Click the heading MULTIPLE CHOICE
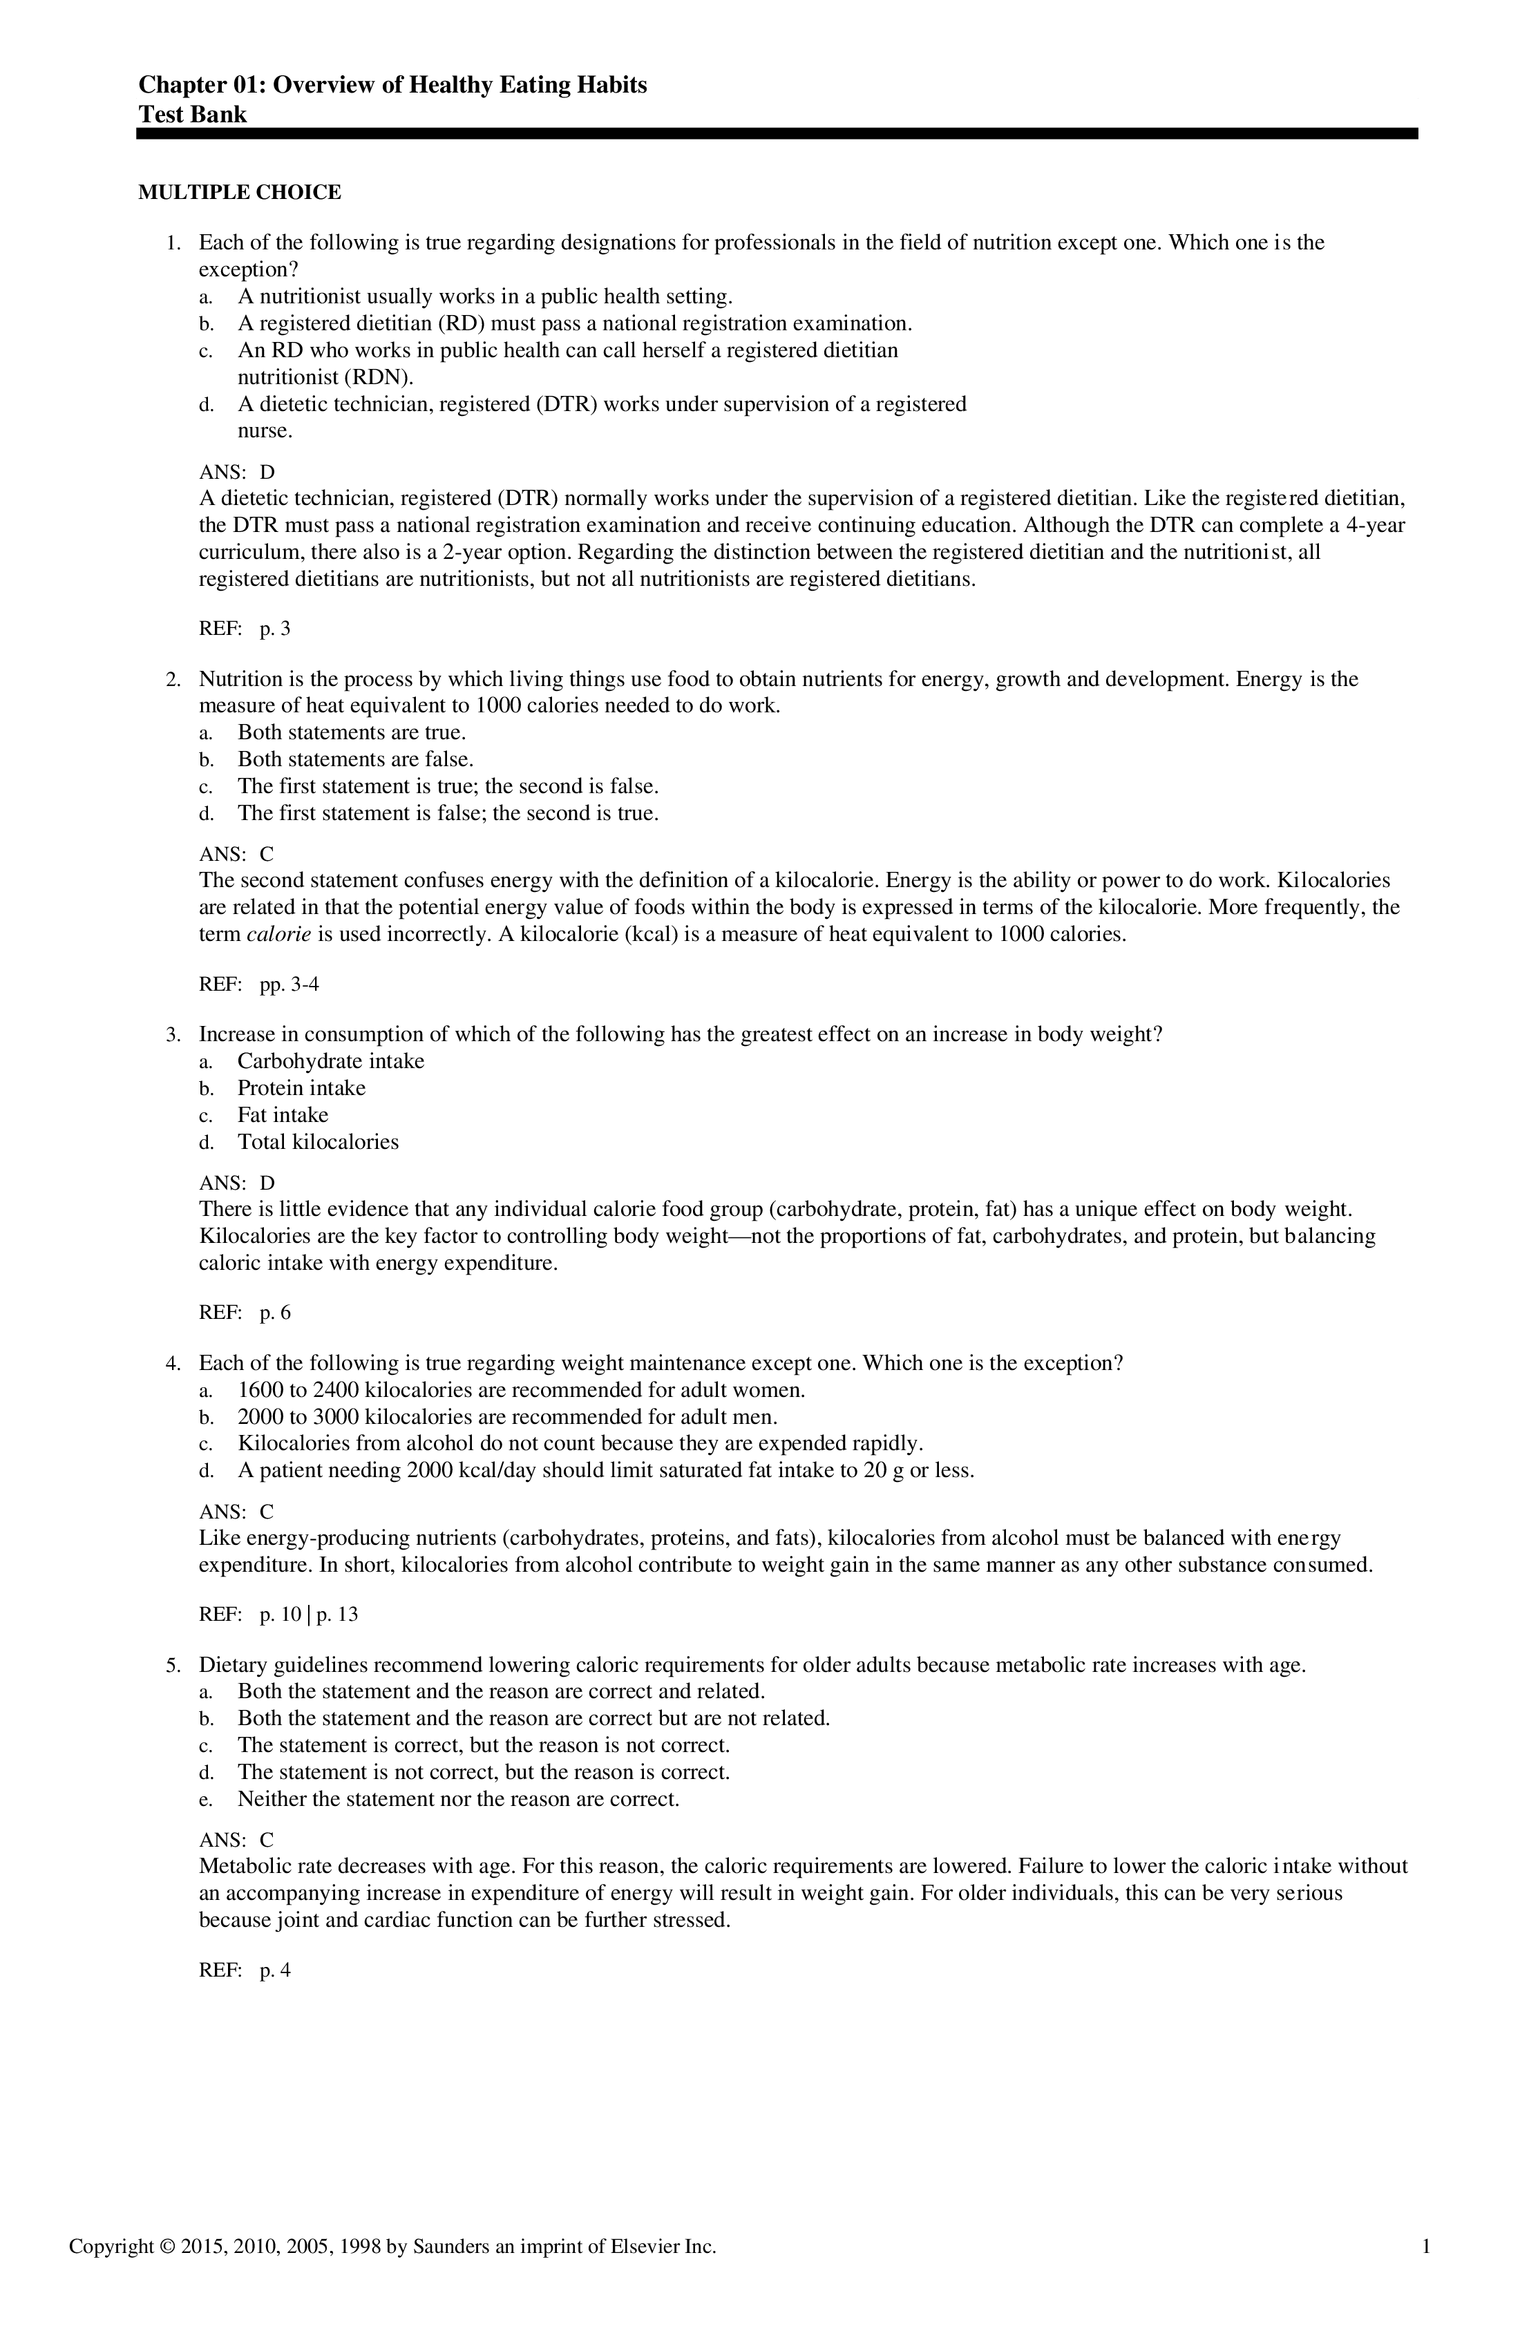(239, 193)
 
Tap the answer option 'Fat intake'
(283, 1115)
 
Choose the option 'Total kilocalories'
(318, 1142)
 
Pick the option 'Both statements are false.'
(355, 759)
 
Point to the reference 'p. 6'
(276, 1313)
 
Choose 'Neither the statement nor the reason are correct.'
(459, 1798)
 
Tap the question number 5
(173, 1665)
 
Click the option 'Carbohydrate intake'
(331, 1061)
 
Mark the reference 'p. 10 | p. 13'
(309, 1615)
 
